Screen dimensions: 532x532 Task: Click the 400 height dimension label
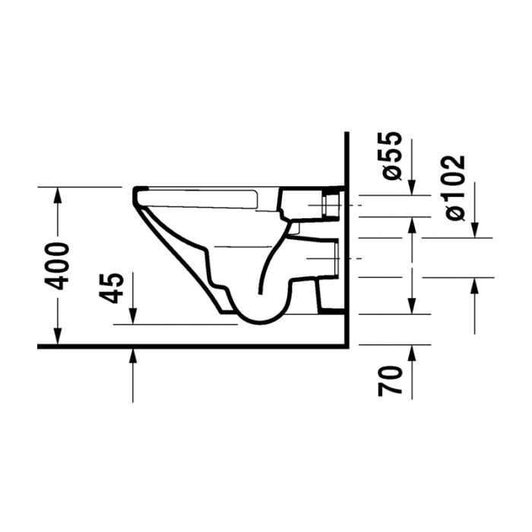57,266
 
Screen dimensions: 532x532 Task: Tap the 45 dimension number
112,288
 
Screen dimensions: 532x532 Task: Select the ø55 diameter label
392,155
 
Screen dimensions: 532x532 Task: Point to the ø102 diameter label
454,188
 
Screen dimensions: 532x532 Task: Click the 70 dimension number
390,381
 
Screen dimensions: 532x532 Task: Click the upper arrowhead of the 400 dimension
58,195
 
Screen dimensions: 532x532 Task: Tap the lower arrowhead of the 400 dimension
58,336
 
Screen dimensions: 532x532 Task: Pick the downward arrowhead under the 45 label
133,316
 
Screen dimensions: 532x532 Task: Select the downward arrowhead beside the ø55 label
412,187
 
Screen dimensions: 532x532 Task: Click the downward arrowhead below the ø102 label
475,230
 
